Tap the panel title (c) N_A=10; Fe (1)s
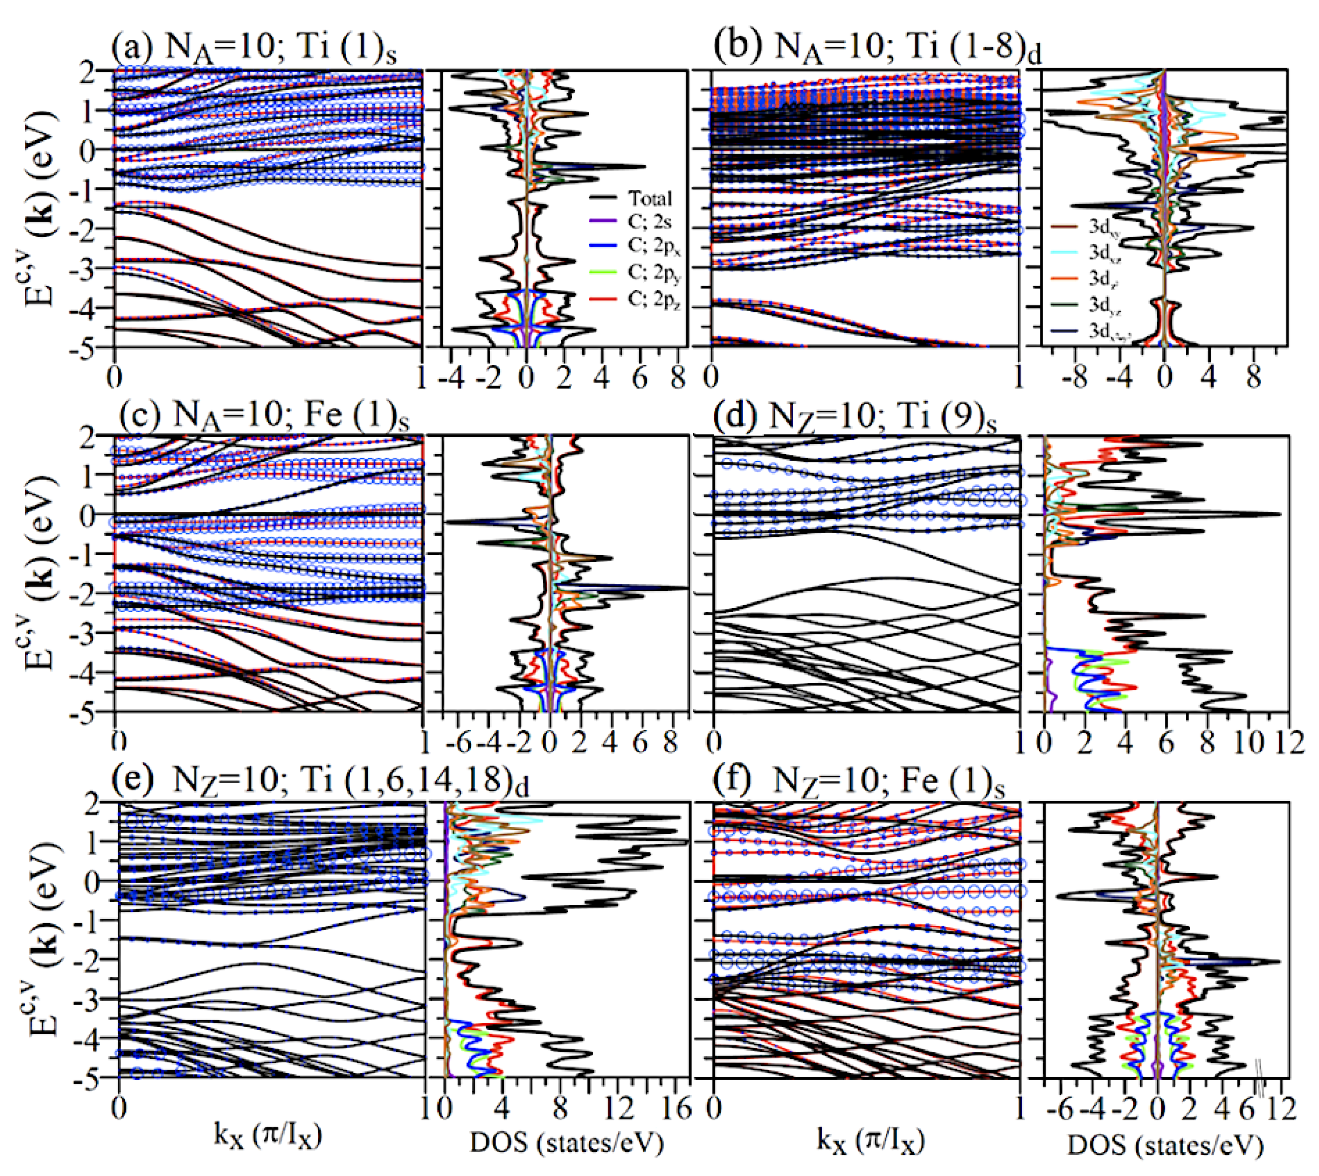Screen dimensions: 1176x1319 click(264, 414)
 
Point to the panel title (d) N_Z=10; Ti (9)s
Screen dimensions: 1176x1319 click(854, 414)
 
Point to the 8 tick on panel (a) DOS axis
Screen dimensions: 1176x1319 click(677, 378)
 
